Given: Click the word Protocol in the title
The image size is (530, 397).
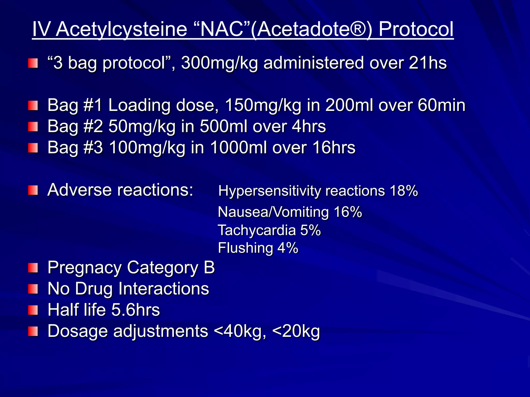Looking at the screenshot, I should pyautogui.click(x=416, y=29).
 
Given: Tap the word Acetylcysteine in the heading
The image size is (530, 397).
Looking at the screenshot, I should pyautogui.click(x=121, y=29).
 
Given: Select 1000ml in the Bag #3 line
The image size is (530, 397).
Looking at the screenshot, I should pyautogui.click(x=238, y=148).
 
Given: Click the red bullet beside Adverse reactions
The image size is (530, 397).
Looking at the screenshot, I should pyautogui.click(x=33, y=190).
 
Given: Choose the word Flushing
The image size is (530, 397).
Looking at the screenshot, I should pyautogui.click(x=245, y=248).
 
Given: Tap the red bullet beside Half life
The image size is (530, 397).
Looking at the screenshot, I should pyautogui.click(x=33, y=310).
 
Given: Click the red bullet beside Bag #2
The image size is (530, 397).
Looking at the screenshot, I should pyautogui.click(x=33, y=127).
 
